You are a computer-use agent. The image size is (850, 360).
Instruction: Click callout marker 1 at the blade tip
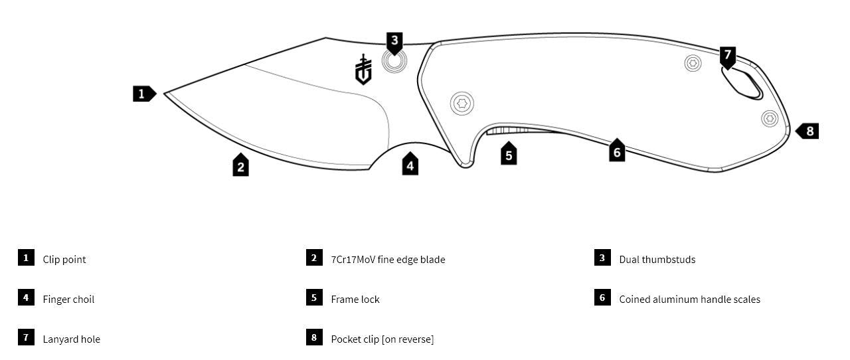coord(143,94)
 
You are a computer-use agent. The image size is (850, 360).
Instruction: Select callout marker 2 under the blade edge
coord(241,165)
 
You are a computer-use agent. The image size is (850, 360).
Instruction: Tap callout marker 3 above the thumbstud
coord(394,42)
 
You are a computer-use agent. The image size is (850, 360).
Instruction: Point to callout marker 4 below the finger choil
coord(410,165)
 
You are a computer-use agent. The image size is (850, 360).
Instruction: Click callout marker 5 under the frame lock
coord(509,155)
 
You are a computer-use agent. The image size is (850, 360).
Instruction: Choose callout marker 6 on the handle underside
coord(617,151)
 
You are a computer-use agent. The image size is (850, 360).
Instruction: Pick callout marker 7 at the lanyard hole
coord(728,56)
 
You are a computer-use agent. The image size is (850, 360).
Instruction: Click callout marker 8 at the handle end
coord(808,131)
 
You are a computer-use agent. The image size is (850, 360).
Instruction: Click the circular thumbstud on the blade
coord(394,62)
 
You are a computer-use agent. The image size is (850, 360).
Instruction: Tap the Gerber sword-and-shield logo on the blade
coord(363,70)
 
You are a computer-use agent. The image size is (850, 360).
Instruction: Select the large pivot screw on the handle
coord(462,103)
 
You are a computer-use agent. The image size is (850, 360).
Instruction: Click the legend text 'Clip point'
coord(64,260)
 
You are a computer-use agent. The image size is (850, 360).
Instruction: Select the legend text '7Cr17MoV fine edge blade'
coord(388,260)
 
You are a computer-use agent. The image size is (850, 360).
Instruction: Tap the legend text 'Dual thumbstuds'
coord(657,260)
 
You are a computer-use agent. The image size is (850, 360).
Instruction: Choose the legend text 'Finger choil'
coord(68,300)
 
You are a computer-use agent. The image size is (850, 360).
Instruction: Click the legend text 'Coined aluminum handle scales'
coord(689,300)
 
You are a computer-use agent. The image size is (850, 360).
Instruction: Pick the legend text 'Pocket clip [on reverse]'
coord(382,339)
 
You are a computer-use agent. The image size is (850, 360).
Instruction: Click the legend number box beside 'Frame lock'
coord(314,298)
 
